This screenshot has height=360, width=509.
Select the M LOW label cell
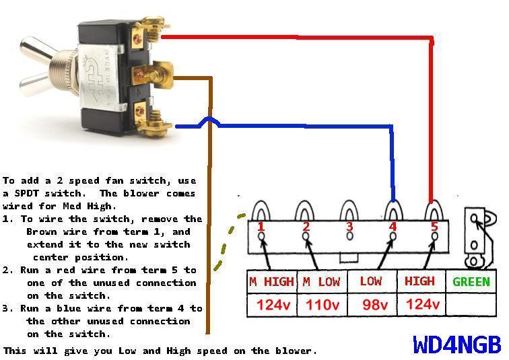tap(320, 282)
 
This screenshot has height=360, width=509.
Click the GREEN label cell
tap(471, 282)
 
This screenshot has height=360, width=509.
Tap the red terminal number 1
tap(261, 227)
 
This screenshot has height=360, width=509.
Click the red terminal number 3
tap(349, 227)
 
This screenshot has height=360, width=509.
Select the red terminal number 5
tap(434, 227)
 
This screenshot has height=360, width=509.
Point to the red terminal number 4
tap(393, 227)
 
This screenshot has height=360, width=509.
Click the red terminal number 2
tap(306, 227)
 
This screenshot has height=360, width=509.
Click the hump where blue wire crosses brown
tap(209, 122)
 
